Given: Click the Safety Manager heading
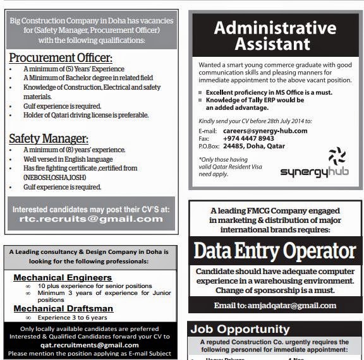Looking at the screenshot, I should (x=49, y=138).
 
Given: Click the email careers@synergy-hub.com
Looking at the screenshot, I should (x=265, y=131).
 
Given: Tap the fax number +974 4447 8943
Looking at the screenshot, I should (x=248, y=138).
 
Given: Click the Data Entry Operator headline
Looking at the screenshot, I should (x=274, y=251).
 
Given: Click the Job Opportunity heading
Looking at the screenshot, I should (x=240, y=329).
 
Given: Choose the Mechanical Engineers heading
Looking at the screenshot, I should (x=63, y=277).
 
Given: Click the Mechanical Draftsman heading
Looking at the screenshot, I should (x=63, y=308).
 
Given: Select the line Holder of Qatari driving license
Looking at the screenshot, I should (x=86, y=116).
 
